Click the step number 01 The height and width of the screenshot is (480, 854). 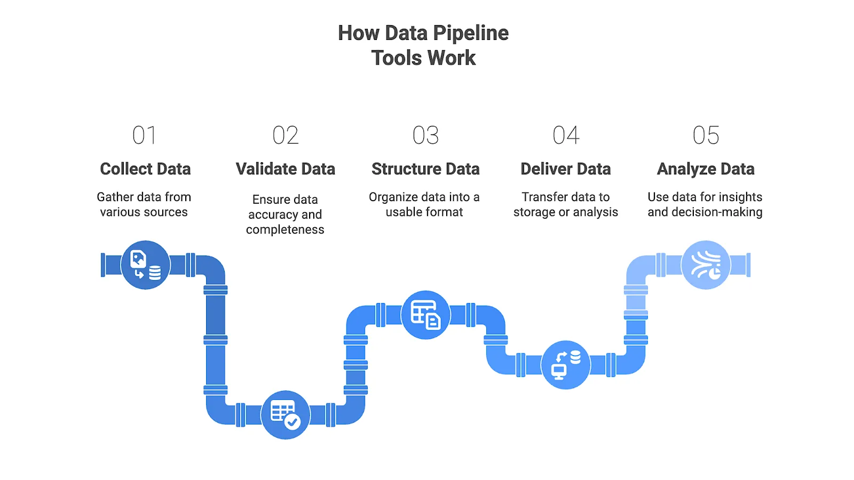pyautogui.click(x=144, y=135)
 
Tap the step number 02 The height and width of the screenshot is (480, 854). pyautogui.click(x=285, y=135)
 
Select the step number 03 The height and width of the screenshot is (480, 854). pyautogui.click(x=425, y=135)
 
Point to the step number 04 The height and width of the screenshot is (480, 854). pyautogui.click(x=566, y=135)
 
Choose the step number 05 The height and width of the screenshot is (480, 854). pyautogui.click(x=706, y=135)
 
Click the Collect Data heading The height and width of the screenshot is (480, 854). pyautogui.click(x=145, y=169)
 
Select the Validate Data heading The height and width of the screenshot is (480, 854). pyautogui.click(x=286, y=169)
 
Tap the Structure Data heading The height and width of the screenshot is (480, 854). pyautogui.click(x=425, y=169)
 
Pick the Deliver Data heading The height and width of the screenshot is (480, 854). pyautogui.click(x=566, y=169)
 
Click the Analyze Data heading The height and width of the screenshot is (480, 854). pyautogui.click(x=706, y=169)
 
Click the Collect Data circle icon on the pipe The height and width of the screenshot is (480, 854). pyautogui.click(x=145, y=265)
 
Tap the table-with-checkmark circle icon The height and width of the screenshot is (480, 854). pyautogui.click(x=286, y=415)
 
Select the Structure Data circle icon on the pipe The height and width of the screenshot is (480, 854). pyautogui.click(x=425, y=315)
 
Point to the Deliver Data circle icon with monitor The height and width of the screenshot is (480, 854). pyautogui.click(x=566, y=365)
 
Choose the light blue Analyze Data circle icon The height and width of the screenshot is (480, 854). pyautogui.click(x=706, y=265)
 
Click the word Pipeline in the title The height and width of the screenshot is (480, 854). pyautogui.click(x=471, y=33)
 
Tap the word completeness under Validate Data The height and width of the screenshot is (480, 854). pyautogui.click(x=285, y=230)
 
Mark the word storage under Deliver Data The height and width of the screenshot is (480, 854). pyautogui.click(x=534, y=212)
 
